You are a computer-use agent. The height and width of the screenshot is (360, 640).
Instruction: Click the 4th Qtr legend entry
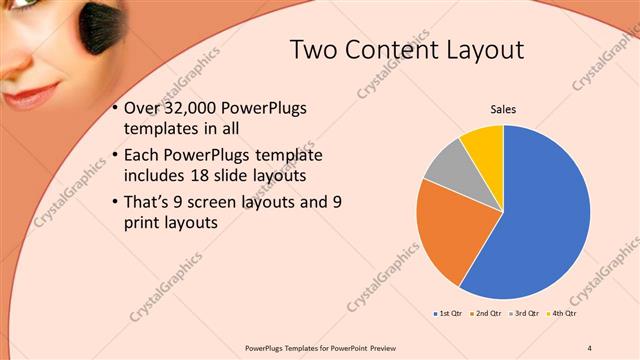pyautogui.click(x=561, y=313)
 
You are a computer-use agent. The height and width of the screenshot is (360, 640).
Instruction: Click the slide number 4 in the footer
pyautogui.click(x=589, y=348)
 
